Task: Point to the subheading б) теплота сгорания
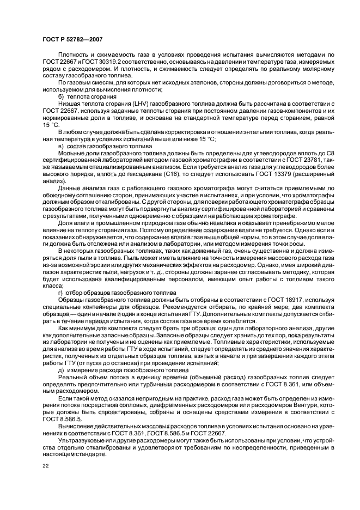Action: click(x=86, y=96)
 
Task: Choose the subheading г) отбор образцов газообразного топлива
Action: click(x=113, y=293)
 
